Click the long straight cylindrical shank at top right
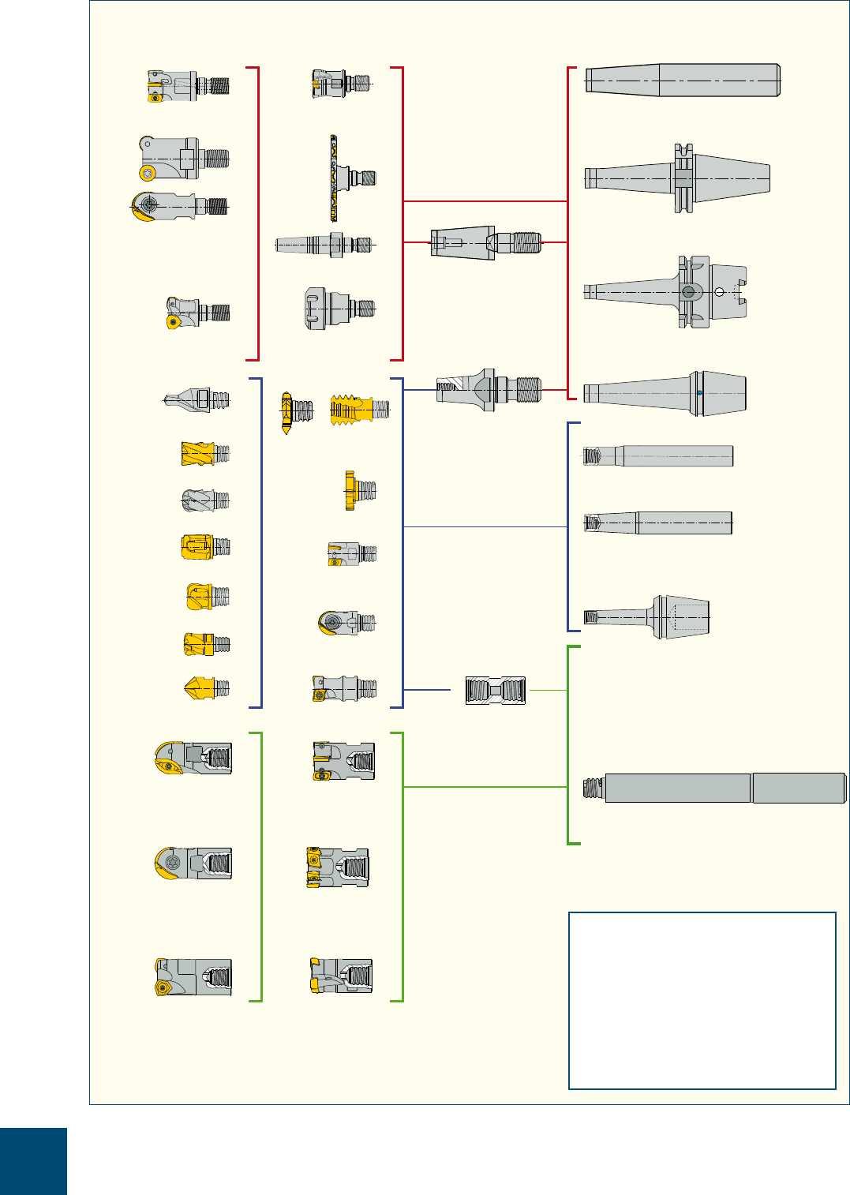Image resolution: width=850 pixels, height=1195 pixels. coord(683,81)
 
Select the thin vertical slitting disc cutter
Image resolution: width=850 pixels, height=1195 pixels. coord(334,178)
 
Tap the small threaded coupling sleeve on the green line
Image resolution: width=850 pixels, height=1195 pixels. coord(496,691)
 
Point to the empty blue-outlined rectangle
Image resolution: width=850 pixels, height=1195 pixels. coord(702,1001)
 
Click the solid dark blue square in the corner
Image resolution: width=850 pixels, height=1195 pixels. coord(33,1160)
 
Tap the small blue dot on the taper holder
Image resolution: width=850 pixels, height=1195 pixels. coord(699,393)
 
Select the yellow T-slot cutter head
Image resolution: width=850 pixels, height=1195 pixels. coord(360,491)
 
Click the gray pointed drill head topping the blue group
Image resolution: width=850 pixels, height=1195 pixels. coord(198,400)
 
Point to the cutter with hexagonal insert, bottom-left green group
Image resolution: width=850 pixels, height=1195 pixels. coord(193,978)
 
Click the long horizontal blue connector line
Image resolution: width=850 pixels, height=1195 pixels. coord(485,526)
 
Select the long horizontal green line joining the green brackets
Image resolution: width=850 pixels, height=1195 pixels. coord(485,787)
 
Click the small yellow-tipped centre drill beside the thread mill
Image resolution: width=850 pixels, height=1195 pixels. coord(288,412)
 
